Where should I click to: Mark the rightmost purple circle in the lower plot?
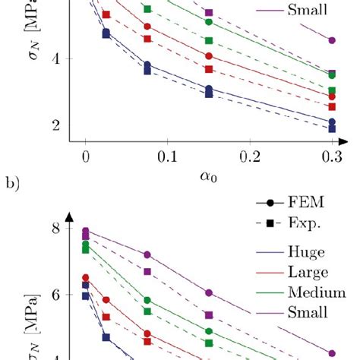pos(331,352)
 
